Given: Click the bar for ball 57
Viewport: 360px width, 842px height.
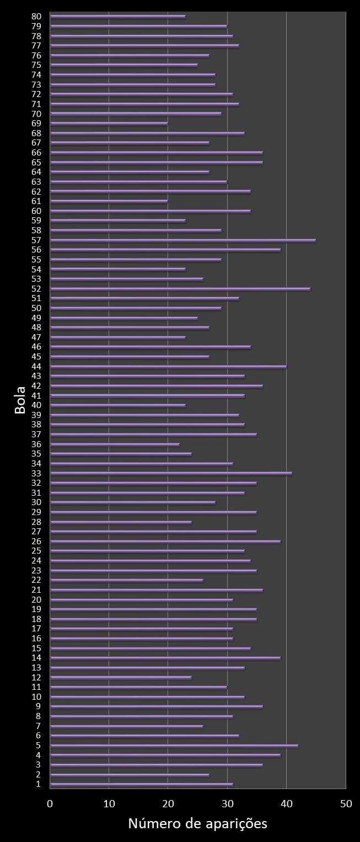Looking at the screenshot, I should (x=183, y=240).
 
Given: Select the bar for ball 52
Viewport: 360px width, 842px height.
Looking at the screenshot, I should (x=180, y=289).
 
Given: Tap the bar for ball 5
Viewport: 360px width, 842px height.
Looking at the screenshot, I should (x=174, y=746).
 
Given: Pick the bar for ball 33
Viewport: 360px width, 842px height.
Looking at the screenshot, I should (x=171, y=473).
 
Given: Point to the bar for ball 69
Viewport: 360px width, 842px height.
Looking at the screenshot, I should (x=109, y=124).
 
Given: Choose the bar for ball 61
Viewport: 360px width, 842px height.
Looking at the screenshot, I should (x=109, y=201).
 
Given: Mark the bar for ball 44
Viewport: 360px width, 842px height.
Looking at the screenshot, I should (x=168, y=367).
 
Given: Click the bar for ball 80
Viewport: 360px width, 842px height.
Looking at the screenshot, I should (x=118, y=17).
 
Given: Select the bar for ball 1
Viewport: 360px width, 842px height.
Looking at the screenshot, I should (x=142, y=784).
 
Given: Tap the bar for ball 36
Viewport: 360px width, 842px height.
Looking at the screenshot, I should (x=115, y=444).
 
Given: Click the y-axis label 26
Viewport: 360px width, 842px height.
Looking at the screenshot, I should (x=36, y=541).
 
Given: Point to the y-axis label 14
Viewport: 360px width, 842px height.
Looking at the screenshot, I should (x=36, y=658).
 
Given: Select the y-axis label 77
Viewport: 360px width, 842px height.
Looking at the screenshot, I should (x=36, y=46).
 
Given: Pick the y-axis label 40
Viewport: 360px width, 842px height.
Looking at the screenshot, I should (x=36, y=405).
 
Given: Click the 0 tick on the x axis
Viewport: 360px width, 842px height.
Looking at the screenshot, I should (x=50, y=804).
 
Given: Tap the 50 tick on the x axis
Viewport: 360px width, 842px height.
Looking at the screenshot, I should (x=346, y=804).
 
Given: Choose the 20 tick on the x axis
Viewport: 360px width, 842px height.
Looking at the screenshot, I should (x=168, y=804).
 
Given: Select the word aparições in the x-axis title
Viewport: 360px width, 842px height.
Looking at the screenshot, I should (x=238, y=824).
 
